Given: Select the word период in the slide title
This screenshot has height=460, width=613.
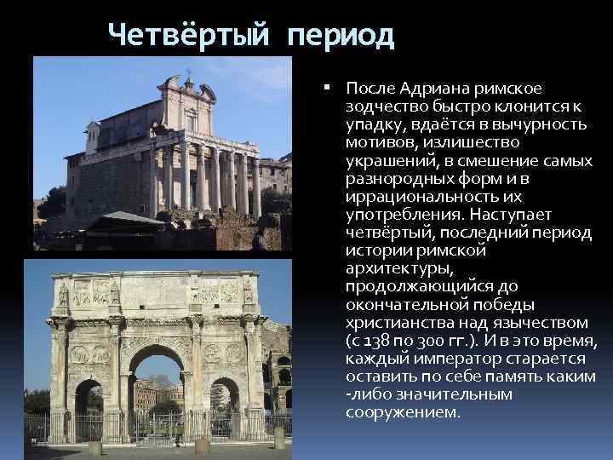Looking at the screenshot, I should [341, 36].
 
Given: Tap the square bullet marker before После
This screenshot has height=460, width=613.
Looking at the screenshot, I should [329, 88].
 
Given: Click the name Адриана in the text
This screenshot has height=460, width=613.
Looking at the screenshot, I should [428, 89].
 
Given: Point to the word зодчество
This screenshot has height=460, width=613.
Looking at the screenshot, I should [387, 108].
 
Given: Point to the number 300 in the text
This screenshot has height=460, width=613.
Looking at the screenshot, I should [434, 341].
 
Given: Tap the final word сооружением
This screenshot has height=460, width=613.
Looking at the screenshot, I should [404, 413].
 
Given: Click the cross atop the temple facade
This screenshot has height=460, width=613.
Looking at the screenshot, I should [188, 72].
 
